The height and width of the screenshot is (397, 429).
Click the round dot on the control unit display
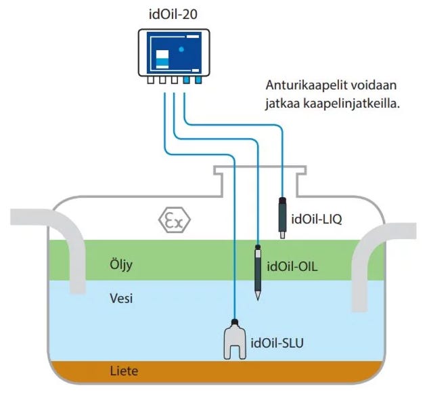tap(181, 49)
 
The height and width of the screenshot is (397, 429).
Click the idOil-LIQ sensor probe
tap(283, 215)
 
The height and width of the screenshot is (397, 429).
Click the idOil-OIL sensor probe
tap(258, 269)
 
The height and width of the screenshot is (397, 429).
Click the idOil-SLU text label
tap(277, 342)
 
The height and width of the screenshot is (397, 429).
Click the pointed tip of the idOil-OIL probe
tap(258, 296)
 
